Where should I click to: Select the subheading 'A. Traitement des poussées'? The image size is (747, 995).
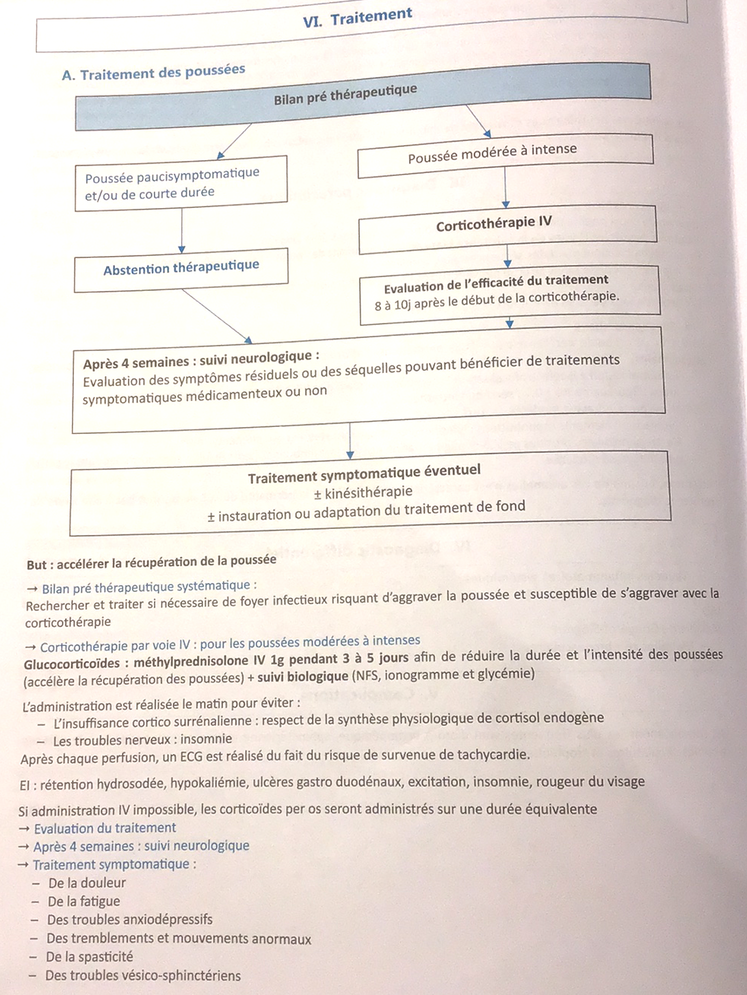pyautogui.click(x=153, y=72)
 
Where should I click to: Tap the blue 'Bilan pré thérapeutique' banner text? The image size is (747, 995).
pyautogui.click(x=345, y=94)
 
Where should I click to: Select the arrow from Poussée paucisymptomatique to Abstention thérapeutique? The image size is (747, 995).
pyautogui.click(x=182, y=231)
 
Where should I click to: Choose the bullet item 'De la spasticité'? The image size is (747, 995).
pyautogui.click(x=90, y=957)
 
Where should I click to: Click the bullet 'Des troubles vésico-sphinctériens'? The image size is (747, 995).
pyautogui.click(x=143, y=975)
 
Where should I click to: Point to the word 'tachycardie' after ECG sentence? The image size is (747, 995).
pyautogui.click(x=494, y=755)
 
